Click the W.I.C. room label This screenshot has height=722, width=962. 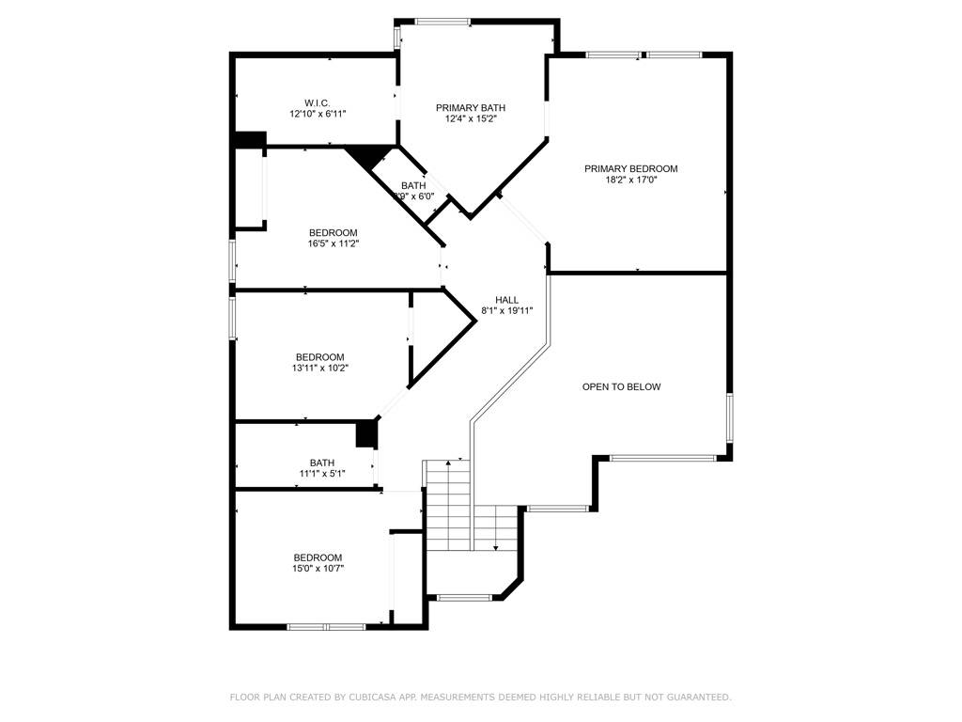318,102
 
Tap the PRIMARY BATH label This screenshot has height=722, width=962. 471,108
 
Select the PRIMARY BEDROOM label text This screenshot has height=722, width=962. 630,169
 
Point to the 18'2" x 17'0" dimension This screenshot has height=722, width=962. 630,180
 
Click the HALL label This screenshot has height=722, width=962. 507,300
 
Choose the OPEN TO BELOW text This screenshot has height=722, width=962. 621,386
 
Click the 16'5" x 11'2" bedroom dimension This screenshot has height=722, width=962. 334,243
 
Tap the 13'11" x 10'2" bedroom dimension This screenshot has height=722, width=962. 319,369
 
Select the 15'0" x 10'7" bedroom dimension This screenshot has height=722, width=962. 318,568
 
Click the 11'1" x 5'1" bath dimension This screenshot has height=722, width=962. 322,473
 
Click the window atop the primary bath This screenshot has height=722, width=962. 442,22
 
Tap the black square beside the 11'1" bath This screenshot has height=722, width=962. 366,434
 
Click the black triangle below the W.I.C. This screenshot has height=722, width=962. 372,155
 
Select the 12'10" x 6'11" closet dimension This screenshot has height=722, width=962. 318,114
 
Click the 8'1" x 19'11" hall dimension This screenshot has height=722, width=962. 507,311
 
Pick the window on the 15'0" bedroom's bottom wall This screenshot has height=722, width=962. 326,626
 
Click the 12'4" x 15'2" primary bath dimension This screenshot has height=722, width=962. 471,119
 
